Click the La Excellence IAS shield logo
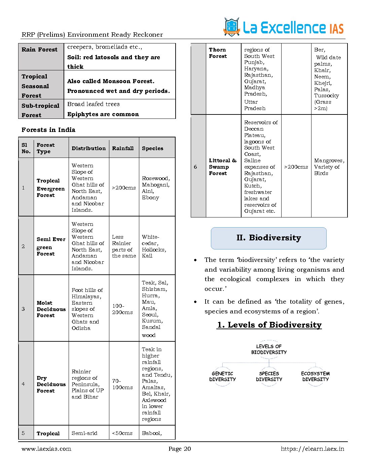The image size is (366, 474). (231, 27)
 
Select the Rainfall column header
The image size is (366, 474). (123, 148)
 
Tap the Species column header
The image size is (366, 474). (152, 148)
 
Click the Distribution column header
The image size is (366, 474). (88, 148)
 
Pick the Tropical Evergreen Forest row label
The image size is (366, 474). (50, 188)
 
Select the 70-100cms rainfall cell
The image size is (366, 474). (122, 384)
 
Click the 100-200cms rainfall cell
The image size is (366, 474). (122, 309)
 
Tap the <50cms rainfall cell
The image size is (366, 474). (122, 433)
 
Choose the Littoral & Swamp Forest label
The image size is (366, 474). (222, 167)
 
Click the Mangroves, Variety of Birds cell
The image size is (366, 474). (329, 167)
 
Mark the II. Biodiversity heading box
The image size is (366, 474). (268, 238)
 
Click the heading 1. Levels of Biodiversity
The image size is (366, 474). (269, 325)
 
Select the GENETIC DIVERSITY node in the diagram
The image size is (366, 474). (222, 376)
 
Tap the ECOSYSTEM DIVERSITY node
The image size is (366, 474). (315, 376)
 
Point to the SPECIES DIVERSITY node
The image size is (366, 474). (269, 376)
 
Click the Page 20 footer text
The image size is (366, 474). (180, 449)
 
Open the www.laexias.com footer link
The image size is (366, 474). (46, 449)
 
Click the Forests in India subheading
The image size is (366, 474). (48, 130)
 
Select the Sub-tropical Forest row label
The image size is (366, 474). (40, 110)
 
